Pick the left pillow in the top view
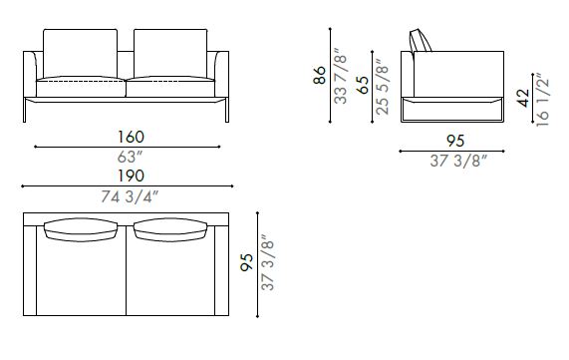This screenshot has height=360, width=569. (82, 229)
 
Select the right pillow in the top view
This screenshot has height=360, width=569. (171, 229)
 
